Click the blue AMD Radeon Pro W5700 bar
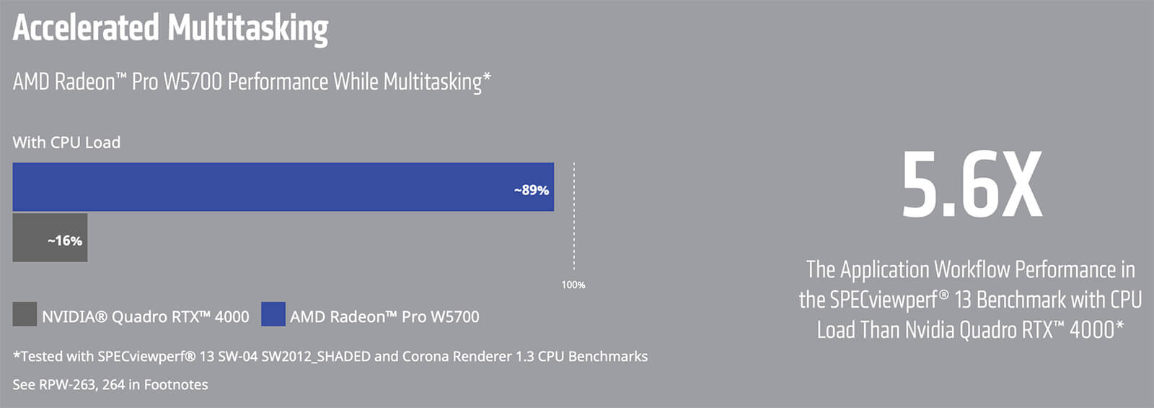pos(283,187)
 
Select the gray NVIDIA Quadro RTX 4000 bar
pos(50,238)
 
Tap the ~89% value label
pos(531,191)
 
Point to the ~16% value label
pos(65,241)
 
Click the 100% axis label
pos(573,285)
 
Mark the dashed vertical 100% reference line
pos(574,217)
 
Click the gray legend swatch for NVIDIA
pos(25,314)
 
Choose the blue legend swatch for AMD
pos(273,314)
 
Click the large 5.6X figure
pos(972,184)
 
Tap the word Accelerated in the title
pos(86,28)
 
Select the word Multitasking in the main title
pos(248,30)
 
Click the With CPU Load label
pos(66,142)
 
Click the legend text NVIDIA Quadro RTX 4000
pos(146,317)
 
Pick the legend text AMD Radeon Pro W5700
pos(385,317)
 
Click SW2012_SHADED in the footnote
pos(316,357)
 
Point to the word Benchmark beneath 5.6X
pos(1016,300)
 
